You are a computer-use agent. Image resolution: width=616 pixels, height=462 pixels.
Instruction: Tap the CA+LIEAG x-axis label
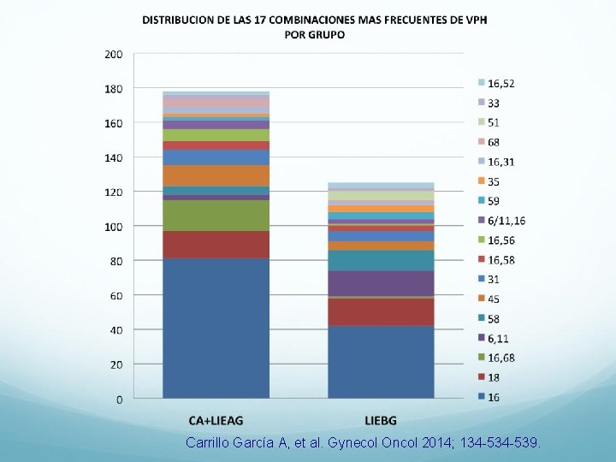(x=216, y=420)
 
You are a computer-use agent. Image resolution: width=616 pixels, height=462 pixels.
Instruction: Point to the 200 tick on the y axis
(x=113, y=54)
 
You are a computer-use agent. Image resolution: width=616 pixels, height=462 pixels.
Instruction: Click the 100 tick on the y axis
(x=113, y=227)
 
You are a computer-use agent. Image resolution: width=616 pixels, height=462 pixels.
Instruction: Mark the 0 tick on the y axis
(x=119, y=400)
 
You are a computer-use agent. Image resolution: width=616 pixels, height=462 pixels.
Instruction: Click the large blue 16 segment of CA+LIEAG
(x=216, y=329)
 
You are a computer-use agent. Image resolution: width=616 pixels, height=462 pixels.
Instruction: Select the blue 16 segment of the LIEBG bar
(x=381, y=362)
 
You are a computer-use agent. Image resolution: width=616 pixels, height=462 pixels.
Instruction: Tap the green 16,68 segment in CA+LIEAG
(x=216, y=216)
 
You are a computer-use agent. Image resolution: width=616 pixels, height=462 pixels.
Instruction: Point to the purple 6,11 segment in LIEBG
(x=381, y=283)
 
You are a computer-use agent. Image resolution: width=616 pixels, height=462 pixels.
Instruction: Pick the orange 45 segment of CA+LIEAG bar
(x=216, y=175)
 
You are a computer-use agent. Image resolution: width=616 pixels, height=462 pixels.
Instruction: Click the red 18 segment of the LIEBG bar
(x=381, y=311)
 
